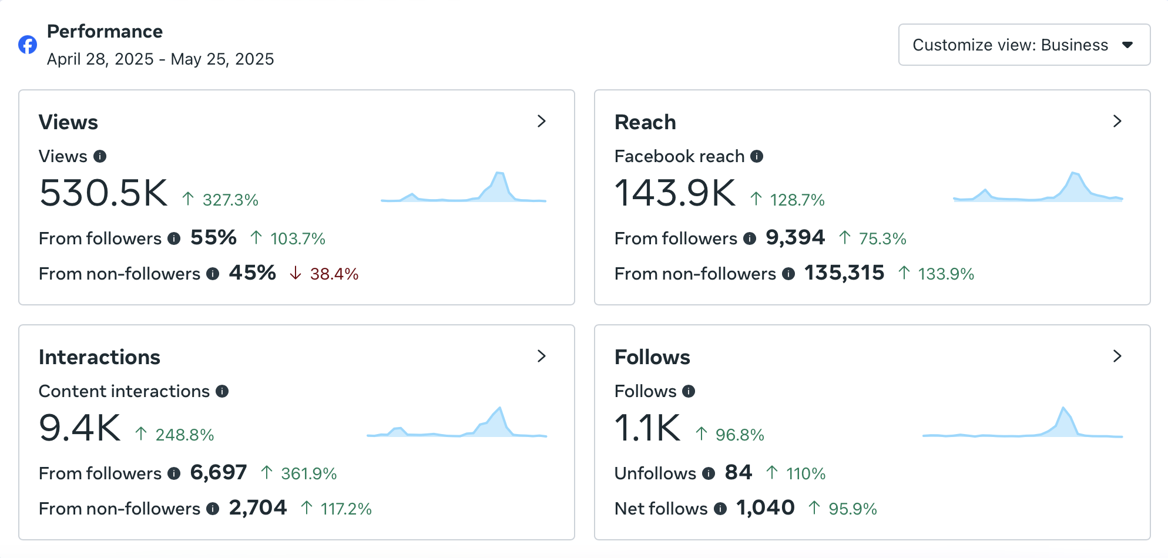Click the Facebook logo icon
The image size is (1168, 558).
28,45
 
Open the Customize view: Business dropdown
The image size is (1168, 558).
1024,45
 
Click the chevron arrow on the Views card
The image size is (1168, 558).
542,121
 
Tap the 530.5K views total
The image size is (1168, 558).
103,193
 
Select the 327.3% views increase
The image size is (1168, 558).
230,200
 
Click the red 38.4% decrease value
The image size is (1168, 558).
334,274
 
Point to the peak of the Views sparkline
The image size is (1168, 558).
499,172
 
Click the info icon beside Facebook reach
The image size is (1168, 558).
757,156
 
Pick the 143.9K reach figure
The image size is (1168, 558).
675,193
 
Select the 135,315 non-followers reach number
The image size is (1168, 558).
844,273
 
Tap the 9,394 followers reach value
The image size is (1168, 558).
796,237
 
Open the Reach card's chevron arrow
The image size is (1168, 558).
1117,121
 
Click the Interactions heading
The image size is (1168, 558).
99,357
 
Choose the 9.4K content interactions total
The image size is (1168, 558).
80,428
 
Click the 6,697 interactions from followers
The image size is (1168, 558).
219,472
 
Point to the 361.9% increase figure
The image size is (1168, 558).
309,473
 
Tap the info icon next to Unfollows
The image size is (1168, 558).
709,473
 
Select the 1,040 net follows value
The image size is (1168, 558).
766,507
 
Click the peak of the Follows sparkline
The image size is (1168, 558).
1063,407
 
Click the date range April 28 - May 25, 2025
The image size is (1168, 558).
160,59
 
